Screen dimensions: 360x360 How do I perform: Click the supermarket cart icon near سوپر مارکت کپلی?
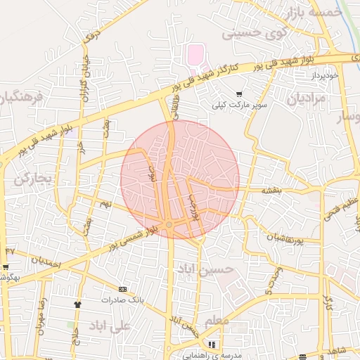[x=239, y=94]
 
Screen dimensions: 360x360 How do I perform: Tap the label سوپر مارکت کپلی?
[x=241, y=105]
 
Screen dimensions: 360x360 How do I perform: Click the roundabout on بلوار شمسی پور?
[x=169, y=224]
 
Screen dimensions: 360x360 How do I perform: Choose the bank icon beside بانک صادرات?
[x=123, y=289]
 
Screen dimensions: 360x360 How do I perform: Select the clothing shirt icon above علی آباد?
[x=77, y=304]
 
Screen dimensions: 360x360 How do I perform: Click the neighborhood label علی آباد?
[x=110, y=326]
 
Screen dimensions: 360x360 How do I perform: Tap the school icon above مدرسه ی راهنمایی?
[x=211, y=345]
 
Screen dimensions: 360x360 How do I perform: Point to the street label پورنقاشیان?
[x=284, y=240]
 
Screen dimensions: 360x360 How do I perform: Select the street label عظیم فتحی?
[x=335, y=207]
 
